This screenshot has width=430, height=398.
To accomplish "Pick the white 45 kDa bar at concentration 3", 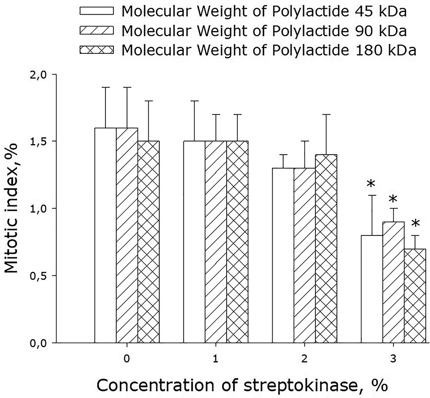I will (371, 289).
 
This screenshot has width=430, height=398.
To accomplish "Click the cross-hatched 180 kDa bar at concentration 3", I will (415, 295).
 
